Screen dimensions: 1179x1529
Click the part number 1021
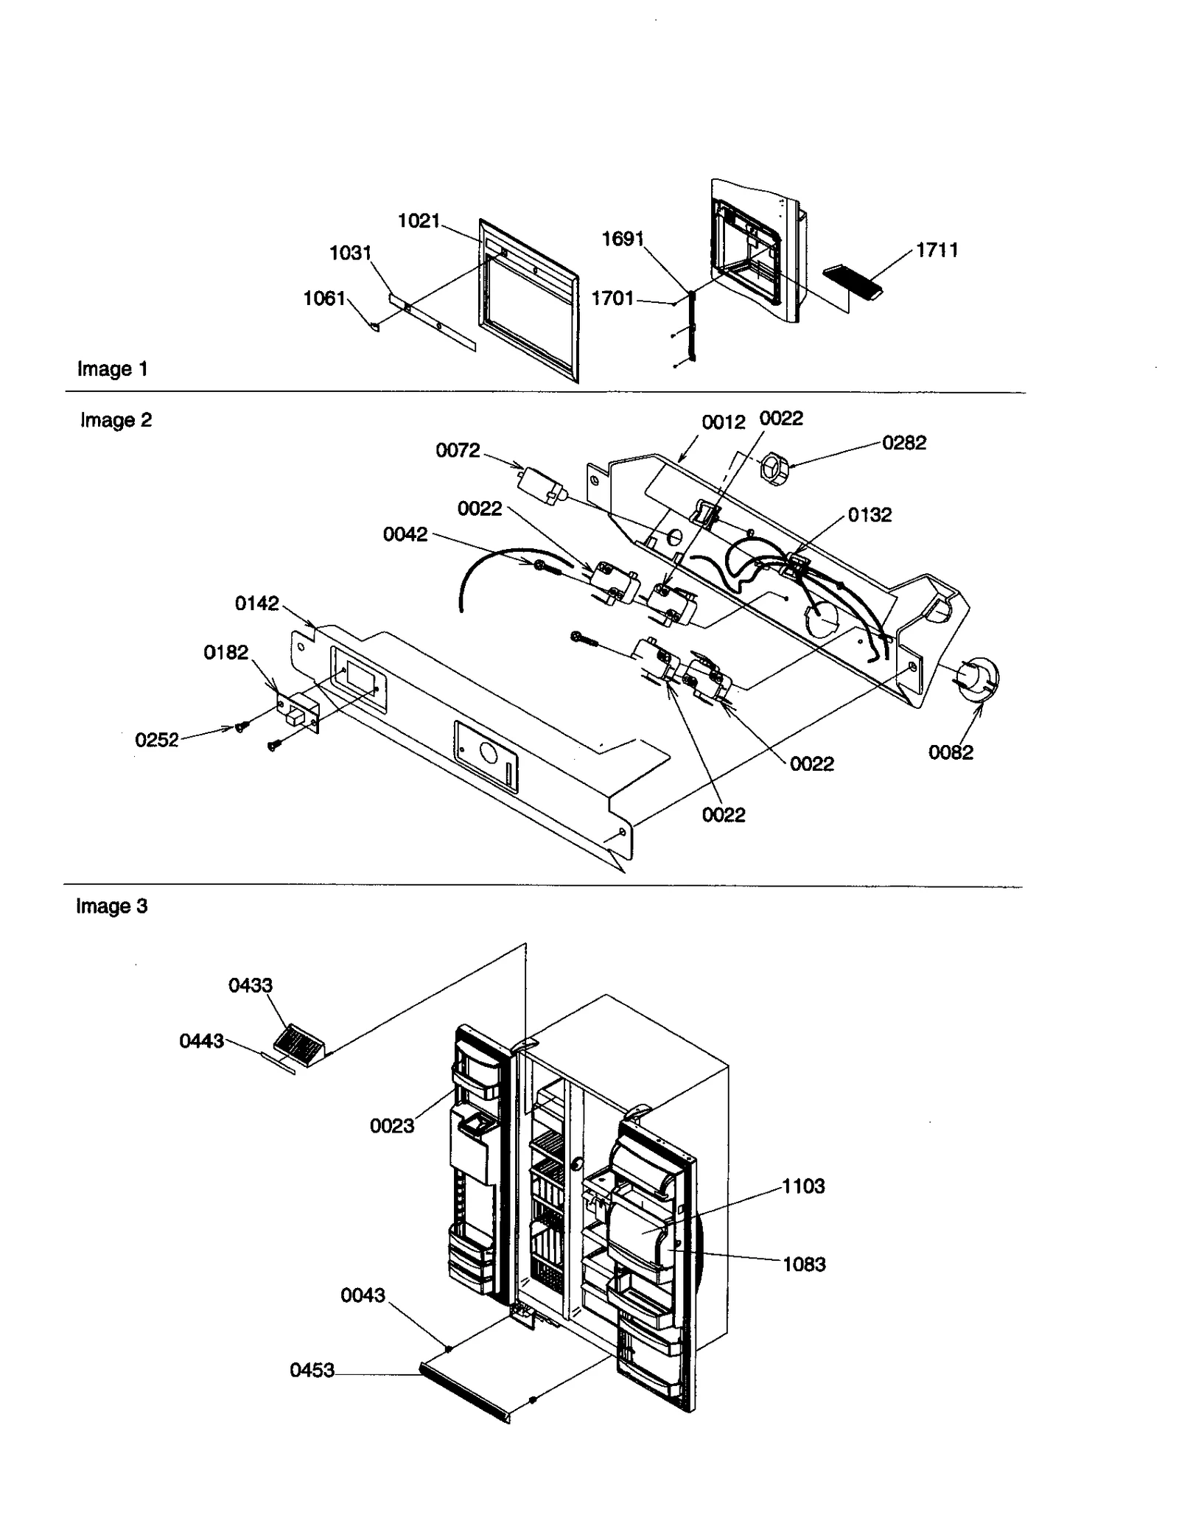[419, 220]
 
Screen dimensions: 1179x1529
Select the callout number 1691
[623, 239]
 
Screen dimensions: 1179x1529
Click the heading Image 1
[113, 369]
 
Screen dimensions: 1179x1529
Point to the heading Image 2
[116, 420]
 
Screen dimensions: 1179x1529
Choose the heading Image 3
[111, 906]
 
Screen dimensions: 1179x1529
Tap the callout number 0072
[458, 450]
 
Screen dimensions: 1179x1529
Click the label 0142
[256, 603]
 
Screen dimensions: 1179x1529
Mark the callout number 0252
[156, 740]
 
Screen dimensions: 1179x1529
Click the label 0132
[870, 514]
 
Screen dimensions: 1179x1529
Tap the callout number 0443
[201, 1041]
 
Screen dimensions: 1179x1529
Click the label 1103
[803, 1186]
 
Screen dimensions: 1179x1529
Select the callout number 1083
[804, 1264]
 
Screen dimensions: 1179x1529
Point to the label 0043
[363, 1295]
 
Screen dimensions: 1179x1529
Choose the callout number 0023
[392, 1126]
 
